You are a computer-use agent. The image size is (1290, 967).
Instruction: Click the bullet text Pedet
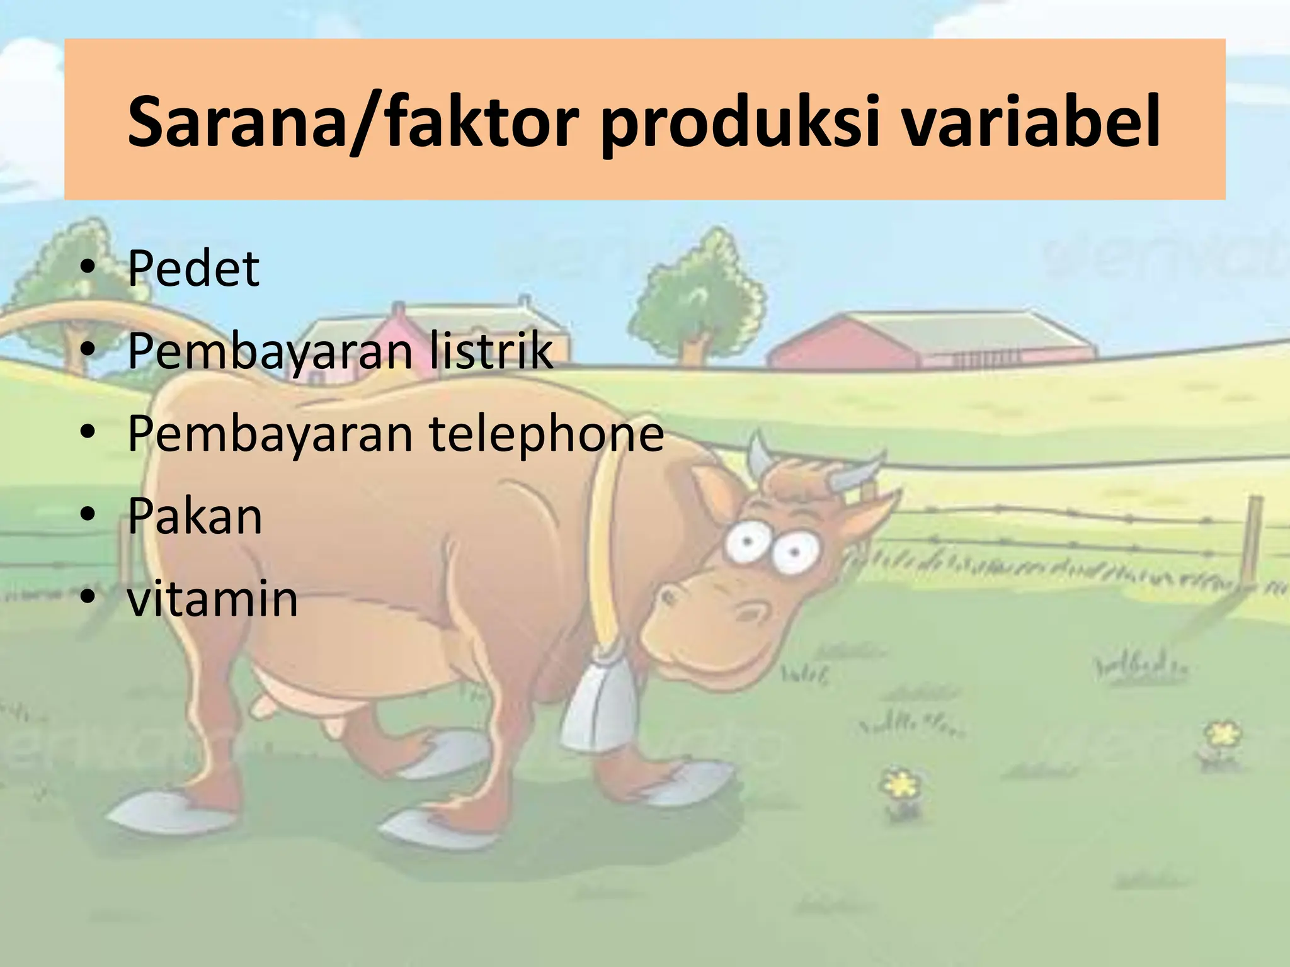pyautogui.click(x=193, y=269)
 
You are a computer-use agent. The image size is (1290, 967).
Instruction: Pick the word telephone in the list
pyautogui.click(x=547, y=434)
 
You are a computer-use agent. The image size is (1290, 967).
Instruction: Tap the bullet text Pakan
pyautogui.click(x=195, y=516)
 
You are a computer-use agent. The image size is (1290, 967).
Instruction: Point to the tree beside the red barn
pyautogui.click(x=699, y=296)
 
